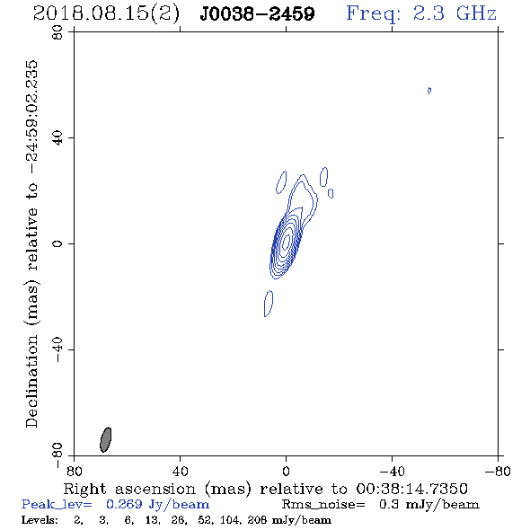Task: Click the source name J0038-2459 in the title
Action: point(257,13)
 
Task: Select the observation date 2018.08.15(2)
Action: point(106,14)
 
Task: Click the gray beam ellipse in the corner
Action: point(106,439)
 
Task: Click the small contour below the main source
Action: point(269,304)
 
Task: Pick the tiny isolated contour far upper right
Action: point(429,91)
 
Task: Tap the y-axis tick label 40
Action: point(57,138)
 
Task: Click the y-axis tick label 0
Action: point(57,243)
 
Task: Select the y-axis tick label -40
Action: point(57,349)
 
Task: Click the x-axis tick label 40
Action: point(180,471)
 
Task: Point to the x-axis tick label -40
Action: point(392,471)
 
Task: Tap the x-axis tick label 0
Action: point(286,471)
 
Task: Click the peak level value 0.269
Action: point(124,504)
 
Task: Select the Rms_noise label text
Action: point(323,505)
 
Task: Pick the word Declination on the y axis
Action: point(31,381)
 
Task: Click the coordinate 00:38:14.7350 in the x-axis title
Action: point(411,489)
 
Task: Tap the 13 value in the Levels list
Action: point(152,520)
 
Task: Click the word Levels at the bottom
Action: point(40,520)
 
